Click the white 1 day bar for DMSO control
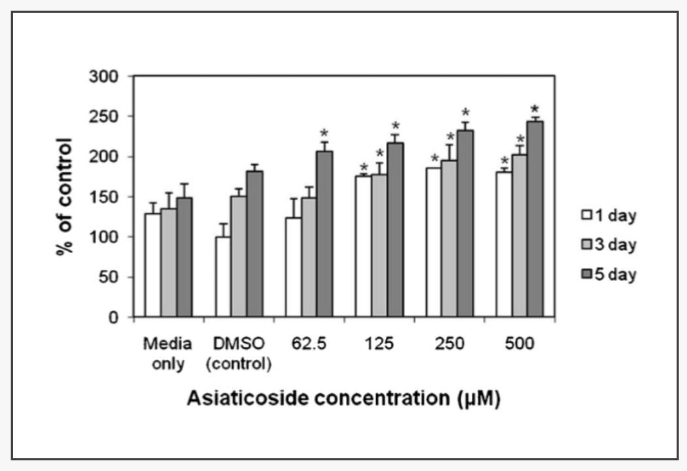223,277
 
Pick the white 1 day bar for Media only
152,265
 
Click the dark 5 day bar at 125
395,230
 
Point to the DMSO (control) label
238,353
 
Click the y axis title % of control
65,196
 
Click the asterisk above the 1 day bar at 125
364,167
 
